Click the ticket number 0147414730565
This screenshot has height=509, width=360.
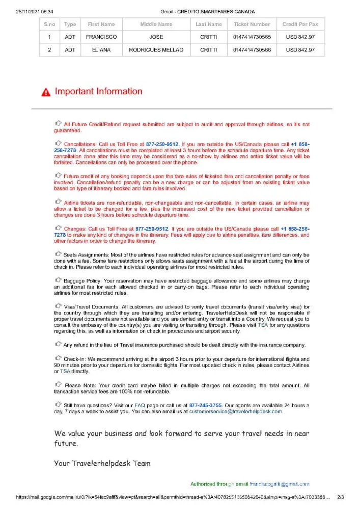tap(252, 37)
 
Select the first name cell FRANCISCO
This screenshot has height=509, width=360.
tap(101, 37)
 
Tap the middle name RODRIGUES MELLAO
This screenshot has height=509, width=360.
tap(156, 50)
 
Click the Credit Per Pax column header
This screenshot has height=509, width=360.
tap(300, 24)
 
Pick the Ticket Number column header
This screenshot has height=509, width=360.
tap(252, 24)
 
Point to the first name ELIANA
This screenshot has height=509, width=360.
tap(101, 50)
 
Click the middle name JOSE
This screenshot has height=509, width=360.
tap(156, 37)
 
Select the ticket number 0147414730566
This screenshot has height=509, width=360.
tap(252, 50)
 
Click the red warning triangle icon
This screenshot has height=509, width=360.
tap(46, 92)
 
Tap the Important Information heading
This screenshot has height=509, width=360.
tap(98, 92)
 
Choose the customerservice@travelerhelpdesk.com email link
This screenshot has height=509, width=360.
tap(236, 412)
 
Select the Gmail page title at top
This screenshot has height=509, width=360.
tap(207, 11)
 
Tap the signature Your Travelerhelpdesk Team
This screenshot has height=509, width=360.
tap(102, 463)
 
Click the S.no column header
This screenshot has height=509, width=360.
tap(49, 24)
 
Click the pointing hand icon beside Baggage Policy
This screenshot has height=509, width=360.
tap(58, 279)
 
